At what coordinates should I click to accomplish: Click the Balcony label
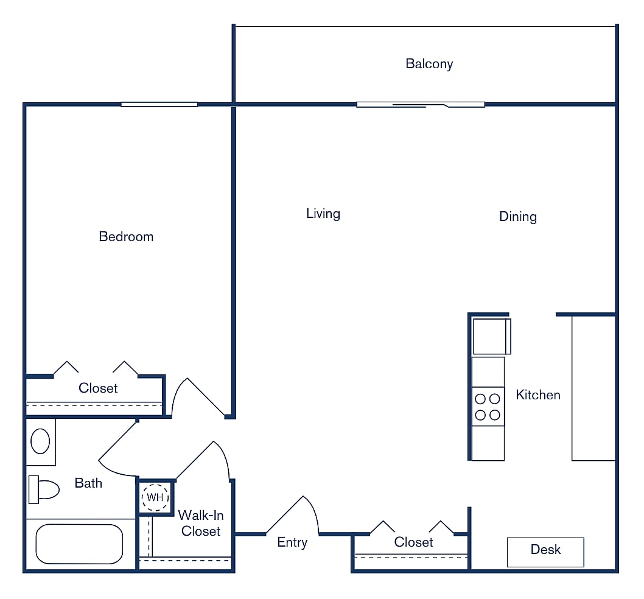click(429, 64)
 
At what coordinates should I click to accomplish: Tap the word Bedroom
click(126, 237)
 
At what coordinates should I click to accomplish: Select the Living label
click(323, 214)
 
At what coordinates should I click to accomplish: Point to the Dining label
click(517, 217)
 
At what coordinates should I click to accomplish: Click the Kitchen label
click(537, 395)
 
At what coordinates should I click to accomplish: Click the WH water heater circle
click(155, 497)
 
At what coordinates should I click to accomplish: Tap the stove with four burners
click(488, 407)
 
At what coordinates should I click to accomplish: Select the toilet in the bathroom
click(44, 489)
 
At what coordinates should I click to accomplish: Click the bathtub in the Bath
click(79, 544)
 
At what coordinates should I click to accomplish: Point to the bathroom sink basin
click(40, 441)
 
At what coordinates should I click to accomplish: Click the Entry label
click(292, 542)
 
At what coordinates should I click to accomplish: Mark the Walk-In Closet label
click(200, 524)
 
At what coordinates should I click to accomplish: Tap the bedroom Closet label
click(98, 388)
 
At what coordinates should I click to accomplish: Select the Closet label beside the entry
click(413, 542)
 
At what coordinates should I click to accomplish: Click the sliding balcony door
click(420, 105)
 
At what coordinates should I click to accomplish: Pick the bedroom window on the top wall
click(159, 104)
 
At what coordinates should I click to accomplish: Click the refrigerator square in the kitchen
click(491, 336)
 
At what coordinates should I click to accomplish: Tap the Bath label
click(88, 483)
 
